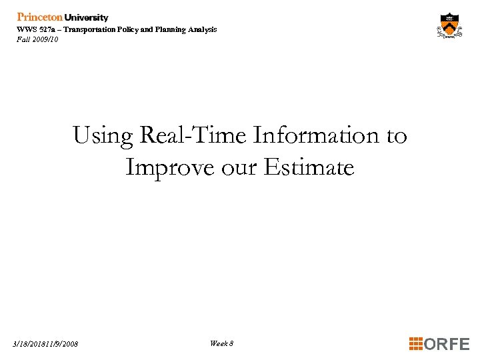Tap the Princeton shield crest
click(450, 27)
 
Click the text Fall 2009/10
click(37, 39)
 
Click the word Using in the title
click(103, 135)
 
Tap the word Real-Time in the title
click(193, 135)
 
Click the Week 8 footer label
click(221, 343)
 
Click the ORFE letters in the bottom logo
click(447, 344)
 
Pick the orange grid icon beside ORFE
click(416, 344)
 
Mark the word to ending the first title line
click(396, 135)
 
